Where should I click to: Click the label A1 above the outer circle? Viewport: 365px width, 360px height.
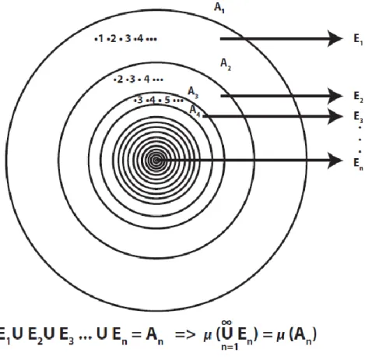[x=219, y=8]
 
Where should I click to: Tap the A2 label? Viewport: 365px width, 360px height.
[x=226, y=64]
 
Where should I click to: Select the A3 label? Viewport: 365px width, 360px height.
[x=193, y=93]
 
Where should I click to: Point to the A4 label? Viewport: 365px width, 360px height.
[x=195, y=111]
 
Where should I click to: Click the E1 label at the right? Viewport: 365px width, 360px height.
[x=358, y=39]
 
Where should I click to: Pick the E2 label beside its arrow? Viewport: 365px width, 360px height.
[x=358, y=97]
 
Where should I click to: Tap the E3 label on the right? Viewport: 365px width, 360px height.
[x=358, y=117]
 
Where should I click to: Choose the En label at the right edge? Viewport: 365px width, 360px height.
[x=358, y=164]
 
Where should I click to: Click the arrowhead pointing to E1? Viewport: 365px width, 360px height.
[x=335, y=39]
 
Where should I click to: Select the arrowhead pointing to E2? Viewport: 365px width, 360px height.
[x=335, y=96]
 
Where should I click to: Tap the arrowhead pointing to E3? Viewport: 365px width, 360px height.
[x=335, y=116]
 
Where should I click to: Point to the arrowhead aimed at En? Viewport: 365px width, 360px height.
[x=335, y=161]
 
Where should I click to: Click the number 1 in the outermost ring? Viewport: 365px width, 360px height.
[x=100, y=39]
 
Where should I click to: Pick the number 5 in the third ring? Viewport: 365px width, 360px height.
[x=167, y=100]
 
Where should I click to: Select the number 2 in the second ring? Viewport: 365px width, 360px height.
[x=120, y=79]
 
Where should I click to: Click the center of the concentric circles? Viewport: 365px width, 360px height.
[x=156, y=161]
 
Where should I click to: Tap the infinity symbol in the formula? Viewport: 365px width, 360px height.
[x=226, y=323]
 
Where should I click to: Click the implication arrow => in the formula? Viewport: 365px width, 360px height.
[x=185, y=334]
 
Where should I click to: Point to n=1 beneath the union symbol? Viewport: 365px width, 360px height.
[x=230, y=347]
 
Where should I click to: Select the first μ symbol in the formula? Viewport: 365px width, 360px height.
[x=208, y=336]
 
